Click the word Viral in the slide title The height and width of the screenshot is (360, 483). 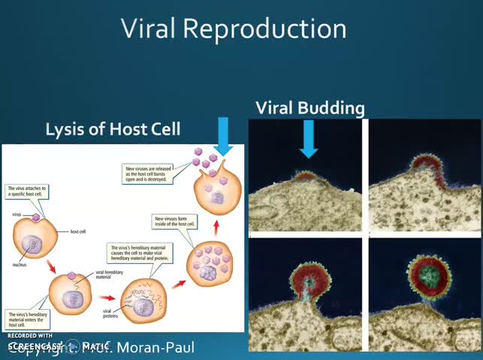149,29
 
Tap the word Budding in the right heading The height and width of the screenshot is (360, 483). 332,107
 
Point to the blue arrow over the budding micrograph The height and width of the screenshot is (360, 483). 308,139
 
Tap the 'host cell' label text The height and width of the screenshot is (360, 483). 78,231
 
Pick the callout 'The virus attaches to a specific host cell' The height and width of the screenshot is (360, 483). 28,192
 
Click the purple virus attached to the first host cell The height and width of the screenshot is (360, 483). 36,217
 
